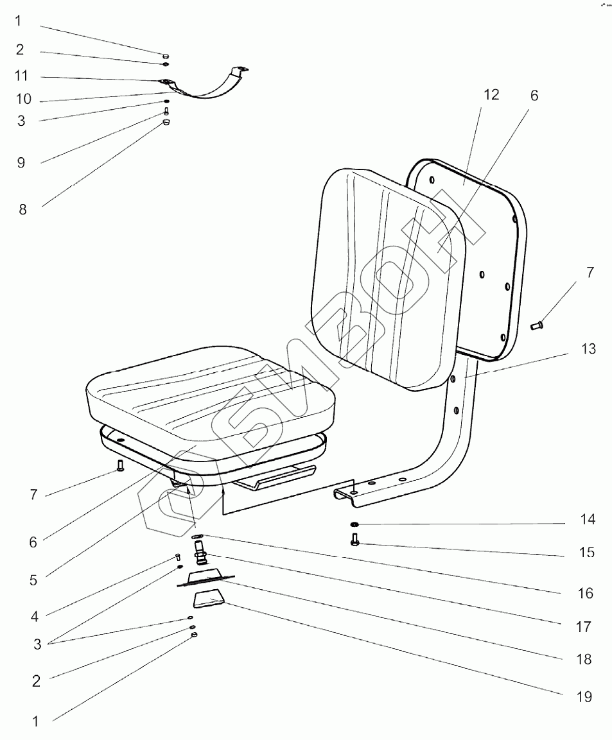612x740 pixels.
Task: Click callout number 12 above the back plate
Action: [491, 95]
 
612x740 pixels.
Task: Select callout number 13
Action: [588, 350]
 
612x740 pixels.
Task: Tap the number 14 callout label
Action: [587, 519]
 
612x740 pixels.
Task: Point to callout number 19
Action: [584, 697]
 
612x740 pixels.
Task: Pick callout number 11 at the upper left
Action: [22, 76]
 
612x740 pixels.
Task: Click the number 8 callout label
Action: [22, 209]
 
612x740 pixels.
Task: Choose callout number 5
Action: [33, 580]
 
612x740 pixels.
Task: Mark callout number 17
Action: [583, 626]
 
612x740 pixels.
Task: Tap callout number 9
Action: [21, 162]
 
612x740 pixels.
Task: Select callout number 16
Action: [585, 594]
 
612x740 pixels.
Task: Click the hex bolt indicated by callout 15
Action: [354, 541]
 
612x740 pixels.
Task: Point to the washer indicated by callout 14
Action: [354, 524]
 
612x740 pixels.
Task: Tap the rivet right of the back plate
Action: [537, 327]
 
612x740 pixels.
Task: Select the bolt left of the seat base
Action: [119, 464]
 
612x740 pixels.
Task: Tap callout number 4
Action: [34, 617]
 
